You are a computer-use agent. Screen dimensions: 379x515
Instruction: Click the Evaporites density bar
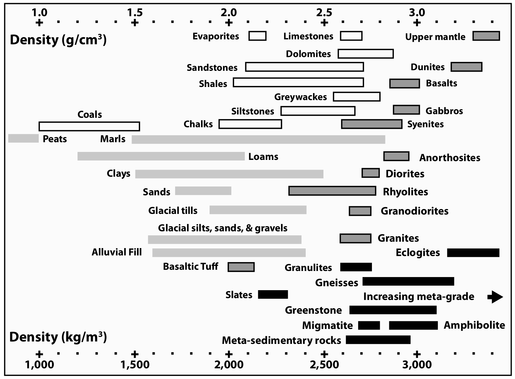point(257,36)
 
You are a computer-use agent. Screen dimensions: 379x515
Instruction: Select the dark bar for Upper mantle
point(486,36)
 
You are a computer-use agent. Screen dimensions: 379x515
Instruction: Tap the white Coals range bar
point(89,126)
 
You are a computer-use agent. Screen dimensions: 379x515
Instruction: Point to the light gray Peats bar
point(23,138)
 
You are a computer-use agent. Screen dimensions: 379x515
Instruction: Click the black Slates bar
point(273,294)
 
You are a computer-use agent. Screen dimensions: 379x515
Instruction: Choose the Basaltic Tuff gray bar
point(241,267)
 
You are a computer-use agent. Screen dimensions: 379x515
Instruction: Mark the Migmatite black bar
point(369,325)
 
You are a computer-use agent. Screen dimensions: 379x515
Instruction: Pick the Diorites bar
point(370,173)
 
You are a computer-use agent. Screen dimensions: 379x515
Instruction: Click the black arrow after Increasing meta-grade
point(495,297)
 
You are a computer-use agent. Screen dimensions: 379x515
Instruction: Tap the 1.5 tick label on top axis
point(135,13)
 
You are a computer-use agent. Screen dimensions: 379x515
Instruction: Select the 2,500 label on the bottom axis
point(324,365)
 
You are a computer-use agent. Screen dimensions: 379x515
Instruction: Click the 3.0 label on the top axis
point(417,13)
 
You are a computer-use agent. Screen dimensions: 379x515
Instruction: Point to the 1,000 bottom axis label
point(39,365)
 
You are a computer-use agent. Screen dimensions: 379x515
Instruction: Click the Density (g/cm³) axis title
point(58,40)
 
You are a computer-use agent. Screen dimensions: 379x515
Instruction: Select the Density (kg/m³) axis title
point(58,337)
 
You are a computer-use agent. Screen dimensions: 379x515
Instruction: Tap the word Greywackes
point(300,97)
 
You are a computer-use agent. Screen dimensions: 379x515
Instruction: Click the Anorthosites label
point(449,158)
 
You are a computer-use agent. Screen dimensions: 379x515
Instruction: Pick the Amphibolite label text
point(474,325)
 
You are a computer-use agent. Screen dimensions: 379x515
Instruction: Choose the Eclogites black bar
point(473,253)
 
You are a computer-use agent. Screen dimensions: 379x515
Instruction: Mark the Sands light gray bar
point(203,191)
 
